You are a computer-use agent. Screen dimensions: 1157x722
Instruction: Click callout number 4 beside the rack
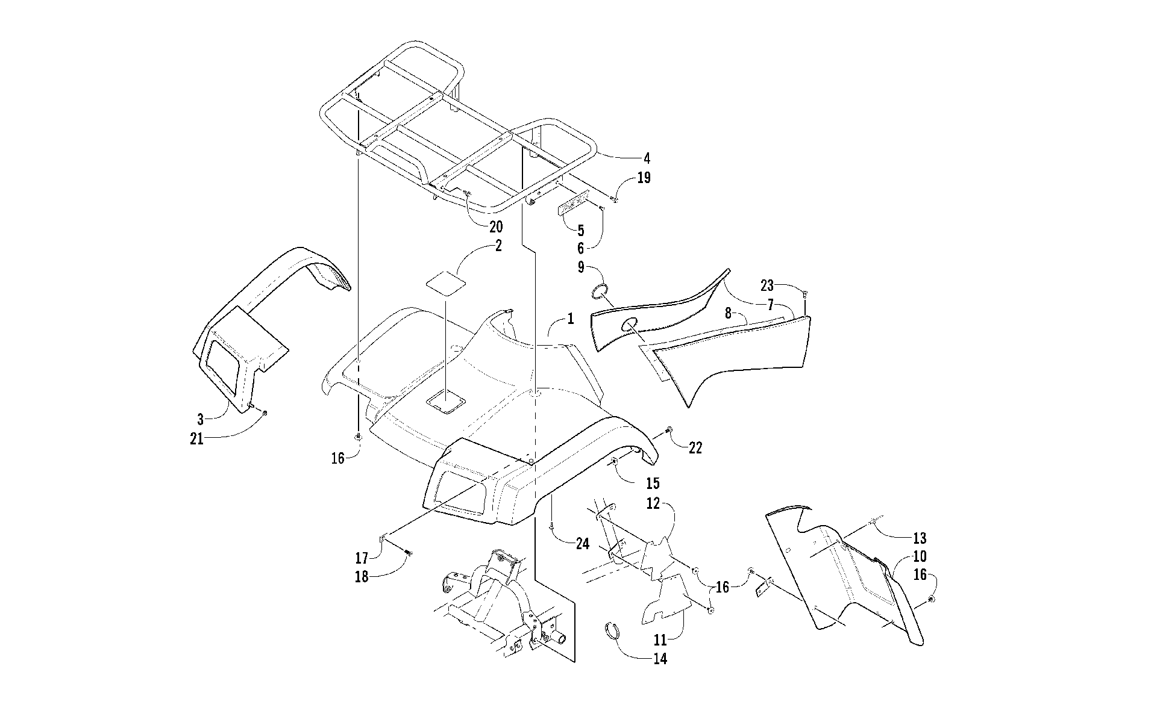coord(647,159)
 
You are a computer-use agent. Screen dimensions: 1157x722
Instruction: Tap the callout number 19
coord(644,178)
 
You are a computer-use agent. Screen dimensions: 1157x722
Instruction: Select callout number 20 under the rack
coord(495,227)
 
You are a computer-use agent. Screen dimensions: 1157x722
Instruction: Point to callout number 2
coord(498,246)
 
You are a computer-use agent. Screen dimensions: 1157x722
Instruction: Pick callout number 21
coord(197,439)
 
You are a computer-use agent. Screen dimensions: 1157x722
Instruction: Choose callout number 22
coord(695,449)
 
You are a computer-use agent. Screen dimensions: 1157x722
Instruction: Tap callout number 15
coord(652,483)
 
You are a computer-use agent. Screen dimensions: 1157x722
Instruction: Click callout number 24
coord(582,544)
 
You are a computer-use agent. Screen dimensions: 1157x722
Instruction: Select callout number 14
coord(660,659)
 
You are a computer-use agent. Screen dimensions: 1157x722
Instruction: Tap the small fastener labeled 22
coord(669,429)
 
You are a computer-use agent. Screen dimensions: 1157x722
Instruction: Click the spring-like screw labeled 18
coord(409,551)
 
